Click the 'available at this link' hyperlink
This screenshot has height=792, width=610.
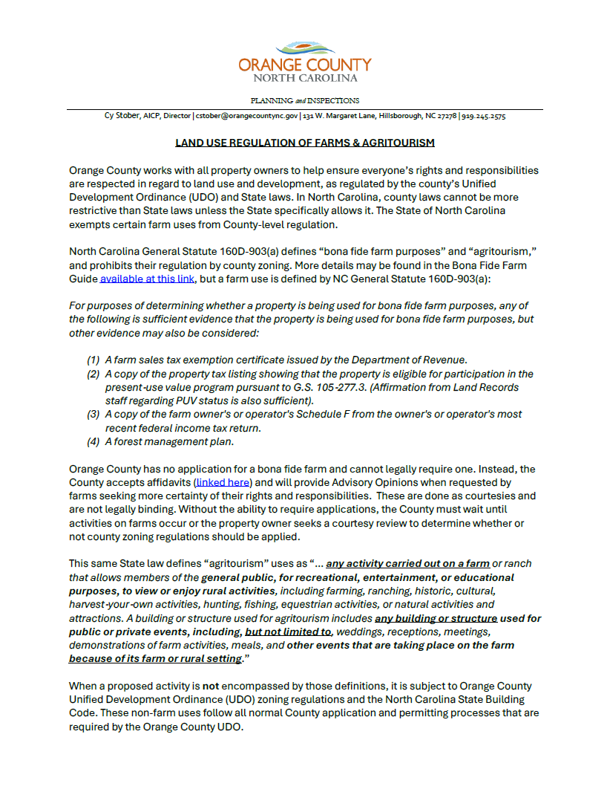[x=148, y=279]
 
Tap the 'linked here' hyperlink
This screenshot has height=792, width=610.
[x=223, y=482]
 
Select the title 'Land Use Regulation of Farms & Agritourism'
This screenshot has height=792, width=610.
[x=304, y=143]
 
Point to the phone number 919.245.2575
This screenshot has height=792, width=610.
[x=484, y=117]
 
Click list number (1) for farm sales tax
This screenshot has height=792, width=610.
[x=94, y=360]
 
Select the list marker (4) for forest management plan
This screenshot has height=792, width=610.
[x=94, y=441]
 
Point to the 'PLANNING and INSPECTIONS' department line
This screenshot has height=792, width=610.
[x=304, y=100]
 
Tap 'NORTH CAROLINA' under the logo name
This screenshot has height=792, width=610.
[x=305, y=78]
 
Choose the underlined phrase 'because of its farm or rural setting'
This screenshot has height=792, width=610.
[x=154, y=658]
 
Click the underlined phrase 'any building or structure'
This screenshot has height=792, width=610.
[x=436, y=618]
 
